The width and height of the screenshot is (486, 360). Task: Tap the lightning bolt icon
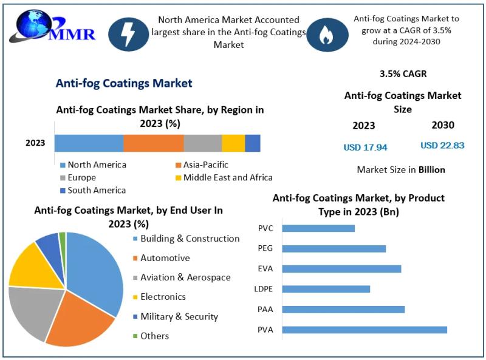(x=128, y=34)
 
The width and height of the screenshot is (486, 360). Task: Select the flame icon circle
(x=327, y=34)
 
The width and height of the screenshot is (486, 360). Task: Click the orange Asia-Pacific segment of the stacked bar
(x=153, y=143)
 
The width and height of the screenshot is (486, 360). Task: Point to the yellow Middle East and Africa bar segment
(x=233, y=143)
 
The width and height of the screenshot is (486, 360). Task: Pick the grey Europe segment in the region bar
(x=202, y=143)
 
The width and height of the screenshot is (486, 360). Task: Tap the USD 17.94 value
(x=365, y=147)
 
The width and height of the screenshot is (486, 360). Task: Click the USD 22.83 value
(x=442, y=146)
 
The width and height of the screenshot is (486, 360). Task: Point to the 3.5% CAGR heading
(x=403, y=74)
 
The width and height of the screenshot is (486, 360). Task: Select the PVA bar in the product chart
(x=364, y=330)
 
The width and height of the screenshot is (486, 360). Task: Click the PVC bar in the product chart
(x=318, y=228)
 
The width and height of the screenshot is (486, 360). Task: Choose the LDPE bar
(x=326, y=289)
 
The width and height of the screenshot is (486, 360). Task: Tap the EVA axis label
(x=265, y=268)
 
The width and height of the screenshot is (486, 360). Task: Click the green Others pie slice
(x=63, y=237)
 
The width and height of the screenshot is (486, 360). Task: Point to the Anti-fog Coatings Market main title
(x=124, y=83)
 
